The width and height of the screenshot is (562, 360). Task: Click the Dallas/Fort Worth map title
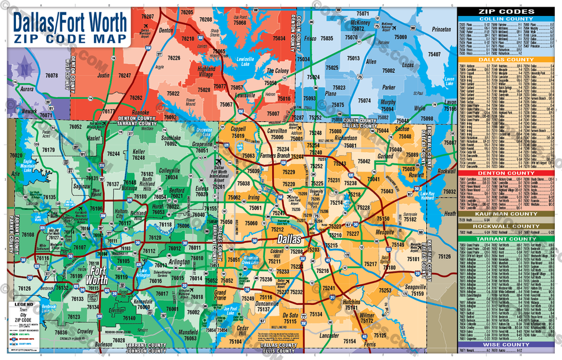pos(70,22)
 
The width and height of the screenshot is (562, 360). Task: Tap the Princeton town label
pos(441,29)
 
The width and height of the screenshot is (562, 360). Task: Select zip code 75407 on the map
pos(434,54)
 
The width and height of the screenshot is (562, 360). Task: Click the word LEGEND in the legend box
pos(20,304)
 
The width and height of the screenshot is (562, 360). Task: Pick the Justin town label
pos(104,76)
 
